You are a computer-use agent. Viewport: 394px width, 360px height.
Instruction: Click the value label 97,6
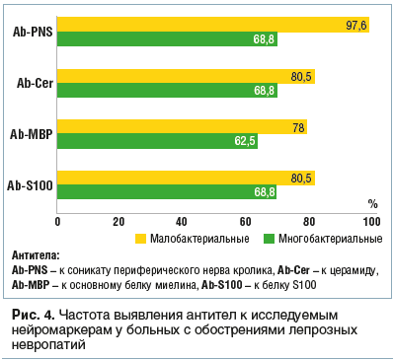click(x=356, y=25)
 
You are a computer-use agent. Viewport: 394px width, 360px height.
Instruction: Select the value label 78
click(x=298, y=126)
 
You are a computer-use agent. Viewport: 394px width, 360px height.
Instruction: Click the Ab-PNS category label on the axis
click(x=32, y=32)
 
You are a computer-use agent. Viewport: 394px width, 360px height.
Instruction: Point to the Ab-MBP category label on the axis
click(x=31, y=134)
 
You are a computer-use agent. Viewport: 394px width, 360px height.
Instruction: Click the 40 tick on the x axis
click(x=182, y=220)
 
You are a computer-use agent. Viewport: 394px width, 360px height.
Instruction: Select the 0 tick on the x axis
click(x=57, y=220)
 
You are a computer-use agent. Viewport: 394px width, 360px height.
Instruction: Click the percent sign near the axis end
click(x=372, y=203)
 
